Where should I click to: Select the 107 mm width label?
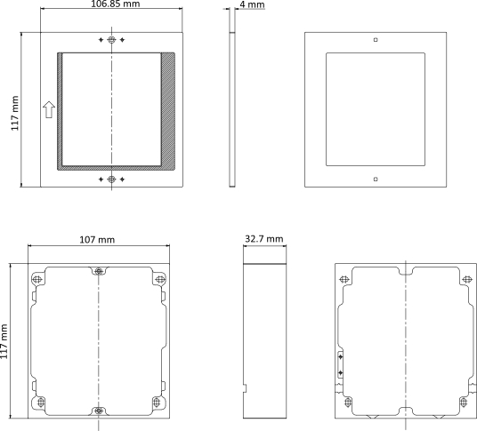click(97, 239)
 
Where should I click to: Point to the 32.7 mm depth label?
click(263, 239)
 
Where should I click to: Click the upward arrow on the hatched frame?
click(49, 110)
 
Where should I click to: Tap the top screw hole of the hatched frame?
click(110, 41)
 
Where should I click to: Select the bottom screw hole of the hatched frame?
click(110, 180)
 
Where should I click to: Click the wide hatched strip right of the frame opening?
click(168, 110)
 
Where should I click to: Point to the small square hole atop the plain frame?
click(376, 40)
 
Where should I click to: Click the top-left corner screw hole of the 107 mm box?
click(36, 279)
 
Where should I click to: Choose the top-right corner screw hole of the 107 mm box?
click(159, 279)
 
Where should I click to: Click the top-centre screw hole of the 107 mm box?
click(98, 272)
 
